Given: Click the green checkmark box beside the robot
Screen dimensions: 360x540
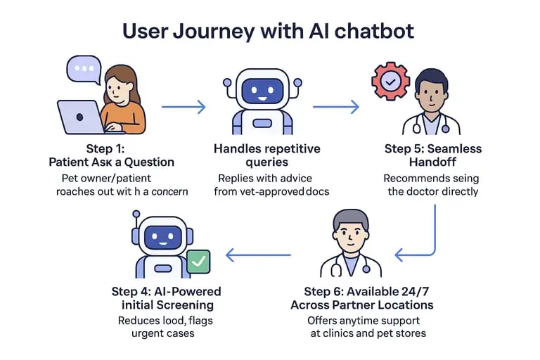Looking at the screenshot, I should [x=199, y=262].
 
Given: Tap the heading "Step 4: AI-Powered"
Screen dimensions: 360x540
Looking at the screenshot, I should [x=167, y=291].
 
